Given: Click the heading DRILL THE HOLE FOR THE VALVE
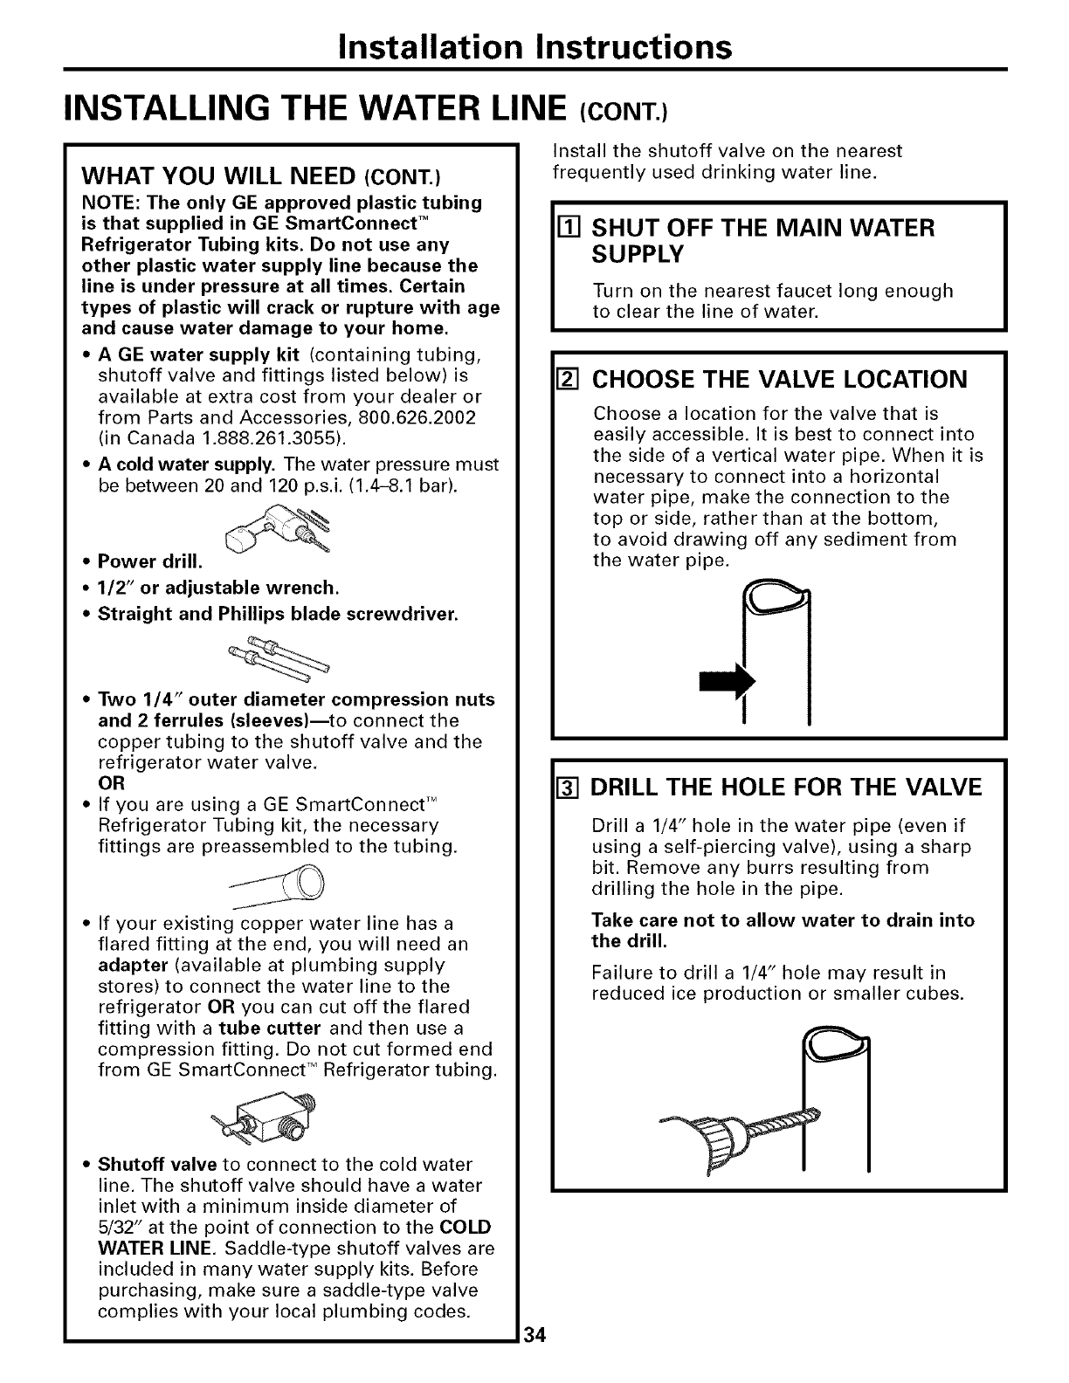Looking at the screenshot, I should (x=787, y=788).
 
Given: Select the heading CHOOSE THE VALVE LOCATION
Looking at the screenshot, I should (x=780, y=380).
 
